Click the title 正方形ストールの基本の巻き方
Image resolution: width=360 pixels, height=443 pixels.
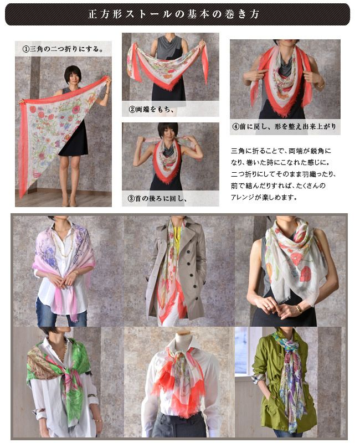174,14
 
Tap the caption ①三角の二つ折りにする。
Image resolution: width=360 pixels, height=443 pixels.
63,49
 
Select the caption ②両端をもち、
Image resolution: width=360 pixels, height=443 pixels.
151,109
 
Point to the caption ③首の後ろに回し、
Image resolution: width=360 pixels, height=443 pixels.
157,199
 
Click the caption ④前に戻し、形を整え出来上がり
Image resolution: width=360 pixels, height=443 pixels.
284,127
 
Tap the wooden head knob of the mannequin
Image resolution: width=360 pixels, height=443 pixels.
183,332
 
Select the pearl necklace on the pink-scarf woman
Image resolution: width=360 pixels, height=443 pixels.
64,243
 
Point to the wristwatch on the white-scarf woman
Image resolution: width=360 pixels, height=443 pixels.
299,308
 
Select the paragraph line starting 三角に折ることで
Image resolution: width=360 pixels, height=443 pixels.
281,151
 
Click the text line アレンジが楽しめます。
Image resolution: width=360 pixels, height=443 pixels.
264,197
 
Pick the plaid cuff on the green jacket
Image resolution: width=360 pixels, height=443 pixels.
258,379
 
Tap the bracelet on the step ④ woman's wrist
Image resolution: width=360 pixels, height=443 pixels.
320,85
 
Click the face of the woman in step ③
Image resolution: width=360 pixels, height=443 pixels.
168,134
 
